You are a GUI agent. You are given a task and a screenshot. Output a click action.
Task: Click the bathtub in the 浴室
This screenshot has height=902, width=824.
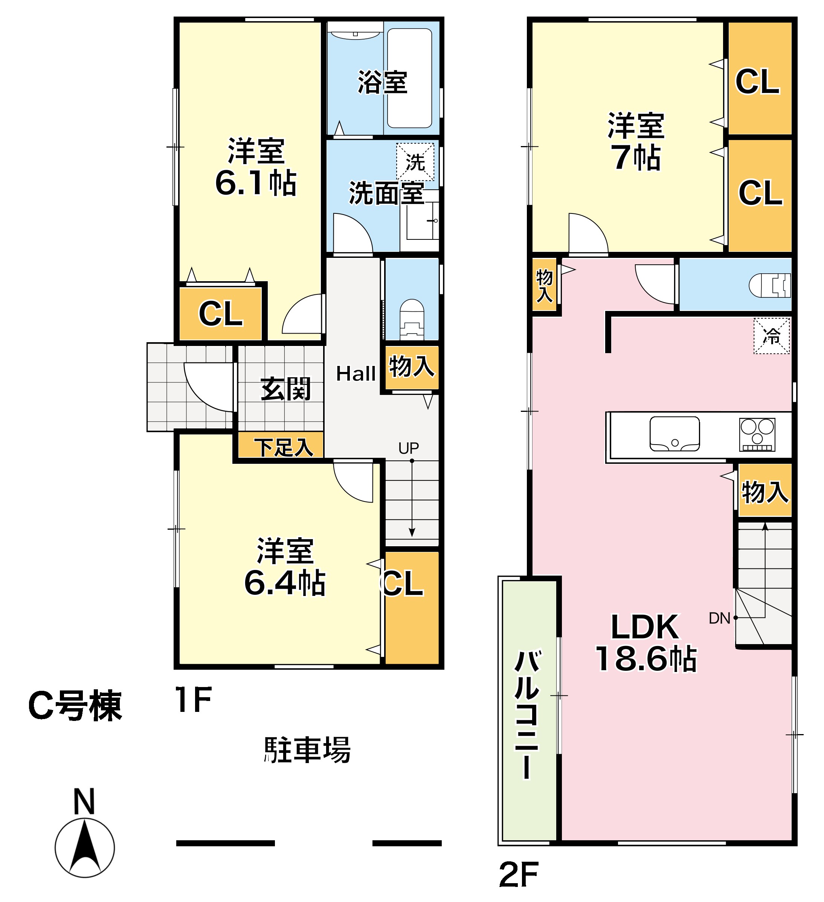coord(409,78)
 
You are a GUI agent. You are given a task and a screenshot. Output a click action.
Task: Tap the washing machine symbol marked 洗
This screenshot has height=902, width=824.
coord(415,162)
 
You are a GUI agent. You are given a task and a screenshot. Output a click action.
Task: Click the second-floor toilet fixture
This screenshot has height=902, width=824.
coord(769,285)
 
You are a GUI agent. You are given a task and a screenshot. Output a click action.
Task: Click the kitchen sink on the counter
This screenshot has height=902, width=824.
coord(674,434)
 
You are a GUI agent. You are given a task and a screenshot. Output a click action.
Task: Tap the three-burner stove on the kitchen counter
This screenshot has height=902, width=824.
coord(757,434)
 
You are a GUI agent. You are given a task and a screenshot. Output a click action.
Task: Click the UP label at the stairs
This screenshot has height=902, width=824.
coord(408,448)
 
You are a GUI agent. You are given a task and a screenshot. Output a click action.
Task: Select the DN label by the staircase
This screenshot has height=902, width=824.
coord(719,618)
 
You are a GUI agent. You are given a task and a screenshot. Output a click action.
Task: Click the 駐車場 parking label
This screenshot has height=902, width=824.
coord(307,750)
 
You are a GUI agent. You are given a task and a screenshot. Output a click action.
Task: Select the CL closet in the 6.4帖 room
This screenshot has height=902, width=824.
coord(411,608)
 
